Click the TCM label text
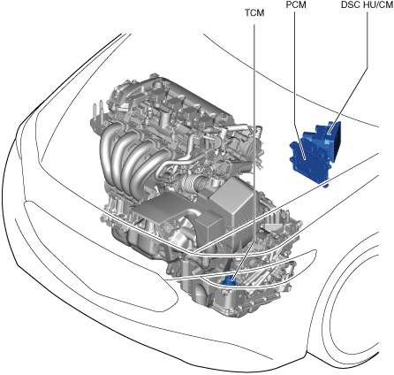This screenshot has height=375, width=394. tap(254, 13)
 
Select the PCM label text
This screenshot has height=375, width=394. tap(296, 4)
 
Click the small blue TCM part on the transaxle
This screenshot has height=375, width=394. tap(229, 280)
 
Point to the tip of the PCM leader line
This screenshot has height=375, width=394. tap(305, 159)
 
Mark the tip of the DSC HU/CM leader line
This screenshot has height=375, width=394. tap(329, 134)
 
